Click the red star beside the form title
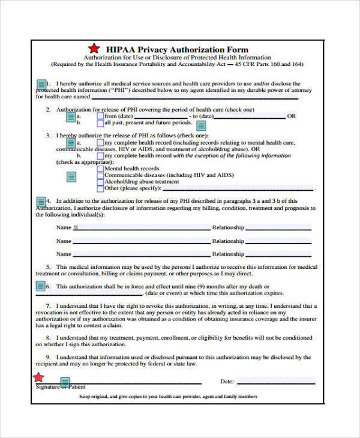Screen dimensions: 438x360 pos(92,49)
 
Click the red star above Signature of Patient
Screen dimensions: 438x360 pos(38,377)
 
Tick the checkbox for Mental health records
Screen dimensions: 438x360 pos(100,169)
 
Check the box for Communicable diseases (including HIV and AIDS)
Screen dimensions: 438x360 pos(100,175)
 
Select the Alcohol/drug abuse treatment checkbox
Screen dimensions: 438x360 pos(100,181)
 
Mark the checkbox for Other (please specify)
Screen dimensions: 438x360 pos(100,188)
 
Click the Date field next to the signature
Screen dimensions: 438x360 pos(275,381)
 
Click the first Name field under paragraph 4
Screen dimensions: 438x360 pos(142,228)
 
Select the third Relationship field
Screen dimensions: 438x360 pos(279,254)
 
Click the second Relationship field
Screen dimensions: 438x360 pos(279,241)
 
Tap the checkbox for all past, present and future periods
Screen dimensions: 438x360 pos(100,122)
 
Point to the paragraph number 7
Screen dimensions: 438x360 pos(49,305)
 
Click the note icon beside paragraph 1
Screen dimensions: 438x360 pos(41,84)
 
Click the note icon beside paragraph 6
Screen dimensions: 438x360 pos(41,287)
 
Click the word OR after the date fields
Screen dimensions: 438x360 pos(292,116)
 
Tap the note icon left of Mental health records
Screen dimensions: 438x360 pos(71,176)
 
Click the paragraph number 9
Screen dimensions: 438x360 pos(49,358)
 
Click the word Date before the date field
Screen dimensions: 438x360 pos(227,381)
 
